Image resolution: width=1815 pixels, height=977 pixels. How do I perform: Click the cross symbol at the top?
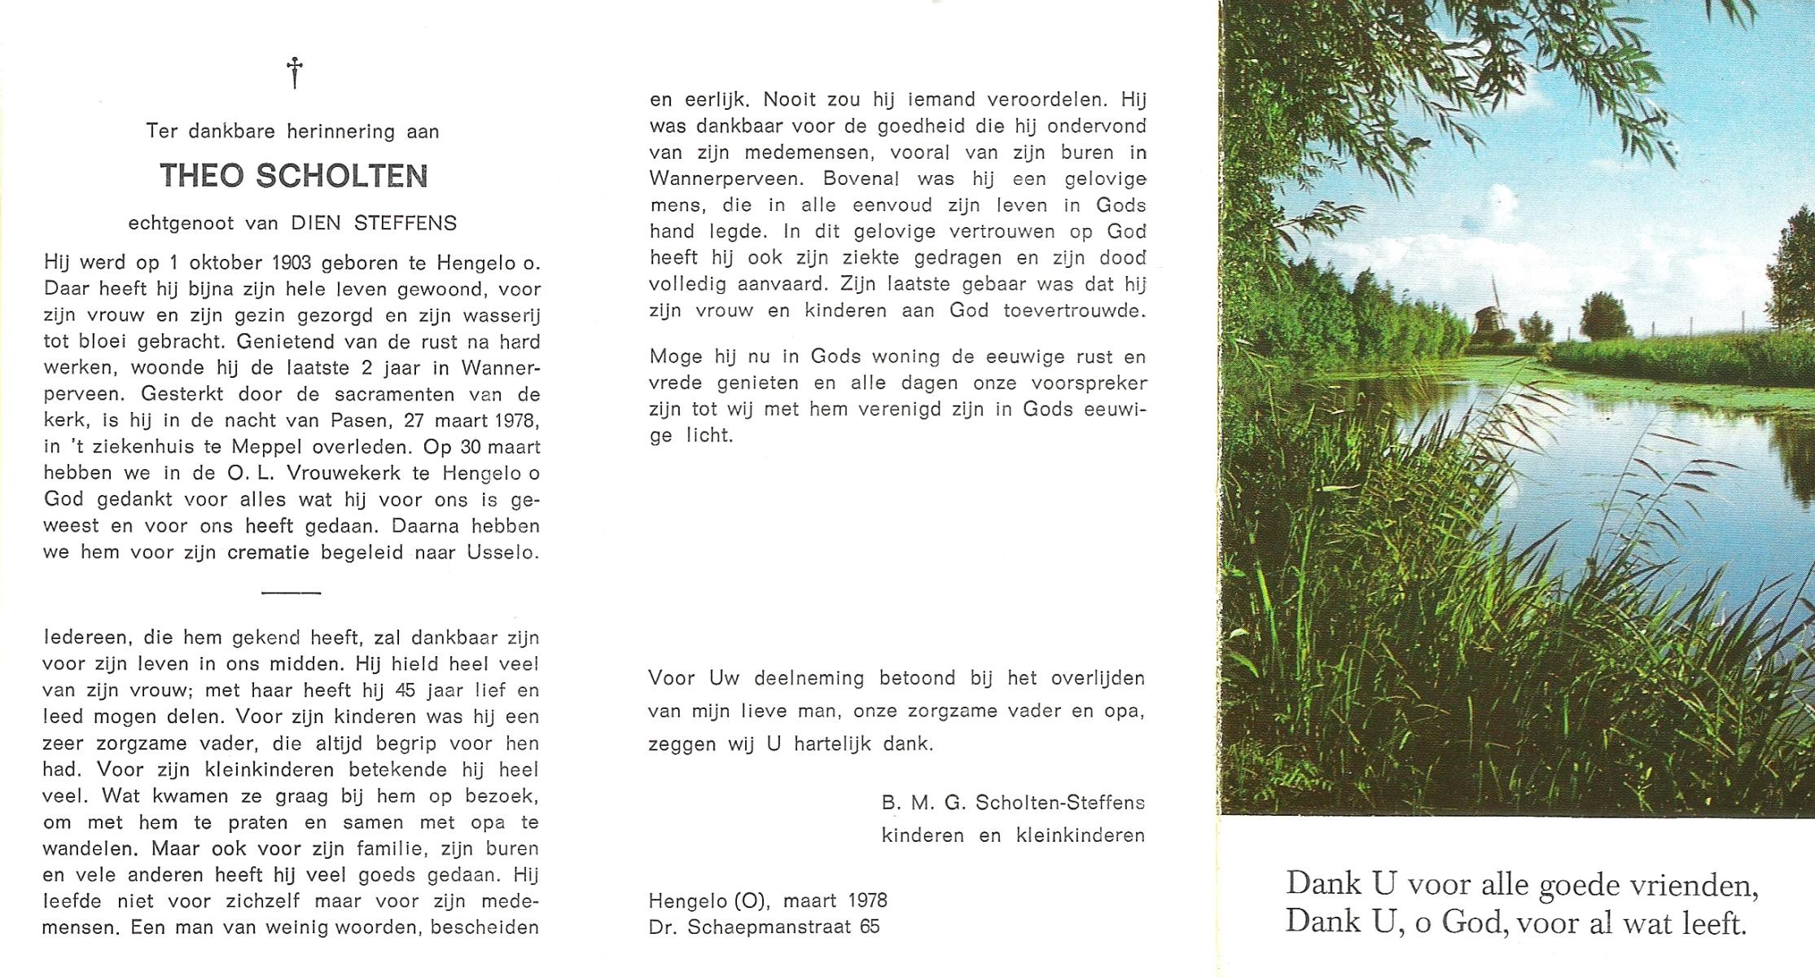click(x=295, y=72)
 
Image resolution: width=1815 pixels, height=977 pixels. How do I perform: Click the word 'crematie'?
click(x=269, y=552)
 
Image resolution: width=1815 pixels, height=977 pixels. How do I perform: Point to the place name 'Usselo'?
click(x=502, y=552)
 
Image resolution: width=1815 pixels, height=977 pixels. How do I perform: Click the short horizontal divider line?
click(x=292, y=593)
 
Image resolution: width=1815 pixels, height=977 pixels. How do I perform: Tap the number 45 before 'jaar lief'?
click(x=405, y=690)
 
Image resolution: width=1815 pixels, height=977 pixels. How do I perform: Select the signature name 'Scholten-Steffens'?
click(x=1059, y=803)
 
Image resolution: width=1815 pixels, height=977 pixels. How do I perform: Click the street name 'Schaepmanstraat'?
click(x=769, y=927)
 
